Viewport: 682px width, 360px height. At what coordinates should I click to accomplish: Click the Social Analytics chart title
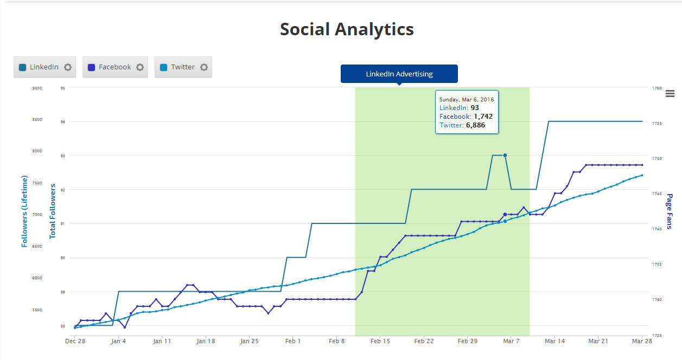click(347, 29)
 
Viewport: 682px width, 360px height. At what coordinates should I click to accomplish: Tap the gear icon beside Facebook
click(140, 67)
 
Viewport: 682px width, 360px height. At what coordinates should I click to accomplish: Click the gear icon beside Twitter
click(204, 67)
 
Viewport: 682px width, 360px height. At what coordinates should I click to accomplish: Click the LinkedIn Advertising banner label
click(399, 74)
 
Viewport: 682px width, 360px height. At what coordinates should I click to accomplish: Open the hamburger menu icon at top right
click(670, 93)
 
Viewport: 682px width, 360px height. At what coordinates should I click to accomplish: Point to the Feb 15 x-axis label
click(380, 342)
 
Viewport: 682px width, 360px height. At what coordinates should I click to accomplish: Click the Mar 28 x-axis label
click(642, 342)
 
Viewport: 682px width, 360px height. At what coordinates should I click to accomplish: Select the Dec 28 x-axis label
click(75, 342)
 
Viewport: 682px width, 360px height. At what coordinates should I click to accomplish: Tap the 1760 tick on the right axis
click(656, 88)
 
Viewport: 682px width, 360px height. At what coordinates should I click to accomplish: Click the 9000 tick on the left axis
click(36, 88)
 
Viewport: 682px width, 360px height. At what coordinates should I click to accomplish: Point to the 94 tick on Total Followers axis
click(63, 122)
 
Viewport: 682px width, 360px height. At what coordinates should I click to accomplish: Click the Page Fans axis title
click(670, 211)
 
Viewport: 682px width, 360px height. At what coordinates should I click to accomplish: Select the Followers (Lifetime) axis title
click(24, 211)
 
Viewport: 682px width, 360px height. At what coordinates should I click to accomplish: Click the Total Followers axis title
click(53, 211)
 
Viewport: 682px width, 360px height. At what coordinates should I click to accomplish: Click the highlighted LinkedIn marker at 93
click(505, 156)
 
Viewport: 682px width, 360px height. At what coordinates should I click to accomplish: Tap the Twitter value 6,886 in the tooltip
click(475, 125)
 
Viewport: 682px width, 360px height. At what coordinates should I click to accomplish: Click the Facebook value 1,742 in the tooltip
click(483, 117)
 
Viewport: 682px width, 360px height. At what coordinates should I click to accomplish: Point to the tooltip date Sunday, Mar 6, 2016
click(467, 100)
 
